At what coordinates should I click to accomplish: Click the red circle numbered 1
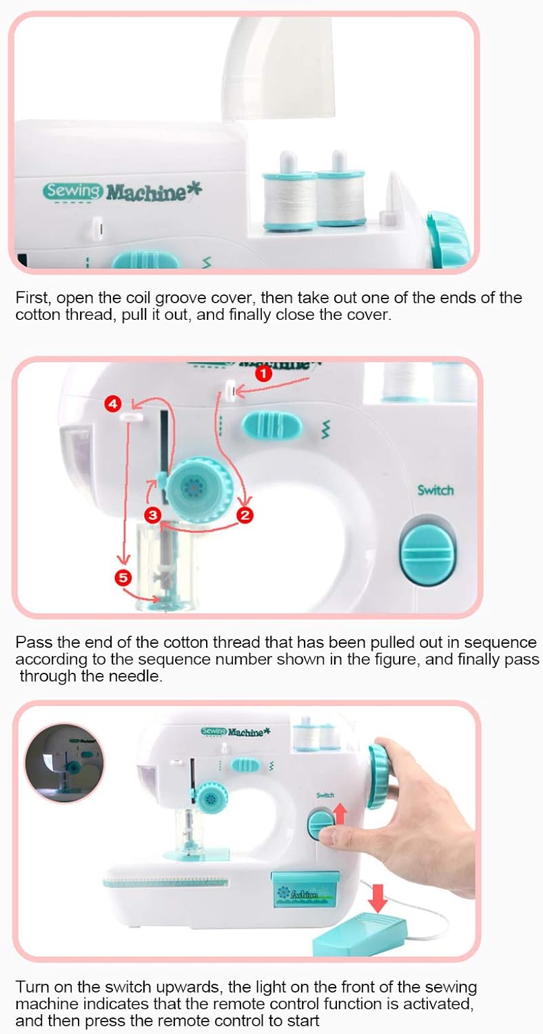click(263, 373)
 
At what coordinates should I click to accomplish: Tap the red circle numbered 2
click(245, 515)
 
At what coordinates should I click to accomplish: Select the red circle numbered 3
click(152, 515)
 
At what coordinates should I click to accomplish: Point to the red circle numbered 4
click(112, 404)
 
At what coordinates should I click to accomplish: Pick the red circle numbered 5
click(123, 577)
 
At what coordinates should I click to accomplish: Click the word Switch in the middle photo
click(435, 489)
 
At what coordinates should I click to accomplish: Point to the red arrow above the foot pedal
click(378, 898)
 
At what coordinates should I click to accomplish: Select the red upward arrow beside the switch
click(340, 813)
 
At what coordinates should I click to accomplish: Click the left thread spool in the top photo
click(289, 193)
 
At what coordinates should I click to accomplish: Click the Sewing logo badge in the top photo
click(72, 191)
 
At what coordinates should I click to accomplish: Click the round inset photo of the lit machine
click(64, 763)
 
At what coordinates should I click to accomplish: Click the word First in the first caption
click(32, 298)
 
